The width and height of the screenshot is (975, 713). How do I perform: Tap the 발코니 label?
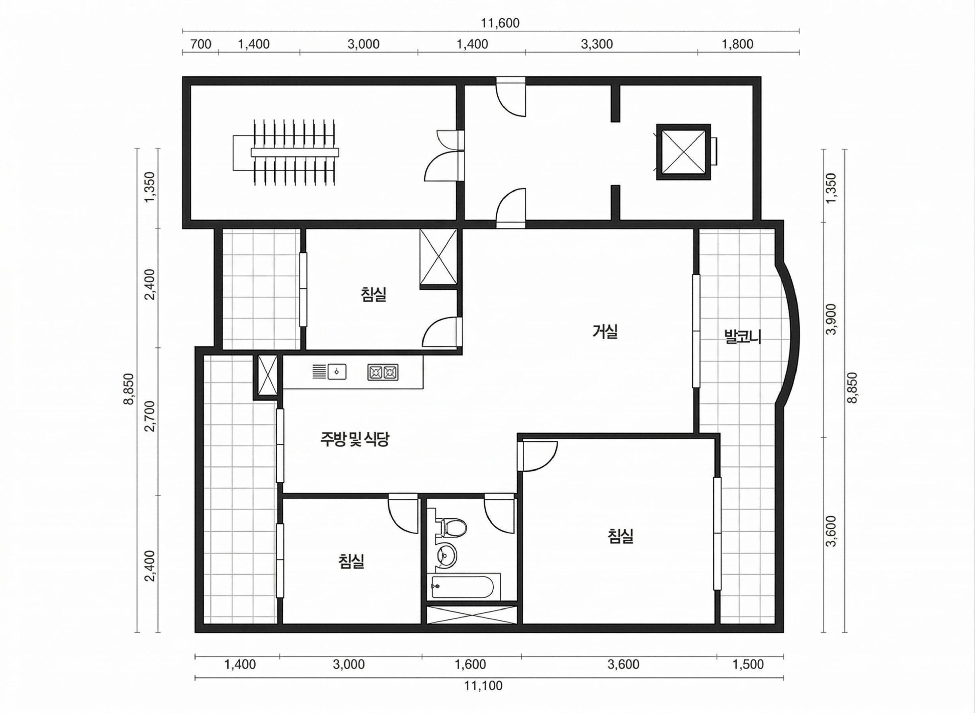[743, 337]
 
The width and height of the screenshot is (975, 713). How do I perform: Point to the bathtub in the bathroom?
[463, 586]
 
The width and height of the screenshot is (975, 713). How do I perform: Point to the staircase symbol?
[286, 152]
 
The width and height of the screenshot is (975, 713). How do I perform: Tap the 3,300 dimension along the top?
[597, 44]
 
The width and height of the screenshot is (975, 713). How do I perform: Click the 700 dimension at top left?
[201, 44]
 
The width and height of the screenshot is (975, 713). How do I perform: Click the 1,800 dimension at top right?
[737, 44]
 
